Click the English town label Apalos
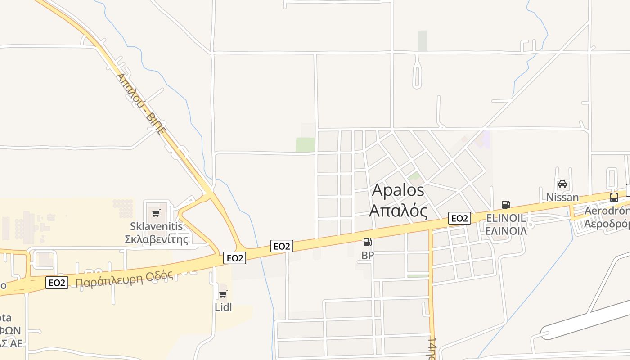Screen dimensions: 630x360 (398, 190)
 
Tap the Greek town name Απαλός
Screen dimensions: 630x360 (398, 210)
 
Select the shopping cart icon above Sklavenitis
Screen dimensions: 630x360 (156, 213)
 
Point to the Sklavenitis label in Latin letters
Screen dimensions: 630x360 (157, 226)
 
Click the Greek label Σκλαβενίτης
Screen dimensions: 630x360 (157, 239)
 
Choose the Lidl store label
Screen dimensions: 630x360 (223, 307)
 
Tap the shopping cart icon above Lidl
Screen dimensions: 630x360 (223, 294)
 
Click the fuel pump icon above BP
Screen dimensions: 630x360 (368, 243)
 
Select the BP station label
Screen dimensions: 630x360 (368, 256)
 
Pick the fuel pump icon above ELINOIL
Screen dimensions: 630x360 (506, 205)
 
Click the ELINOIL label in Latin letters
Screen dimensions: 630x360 (506, 218)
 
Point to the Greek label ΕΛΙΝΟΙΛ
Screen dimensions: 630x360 (506, 231)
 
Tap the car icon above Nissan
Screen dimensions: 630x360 (562, 184)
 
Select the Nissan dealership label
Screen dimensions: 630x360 (562, 197)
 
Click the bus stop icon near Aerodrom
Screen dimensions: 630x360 (614, 197)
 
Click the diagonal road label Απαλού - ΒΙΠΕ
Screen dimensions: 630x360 (140, 104)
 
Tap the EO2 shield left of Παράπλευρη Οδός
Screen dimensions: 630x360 (57, 283)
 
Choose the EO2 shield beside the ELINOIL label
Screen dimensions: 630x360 (459, 218)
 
